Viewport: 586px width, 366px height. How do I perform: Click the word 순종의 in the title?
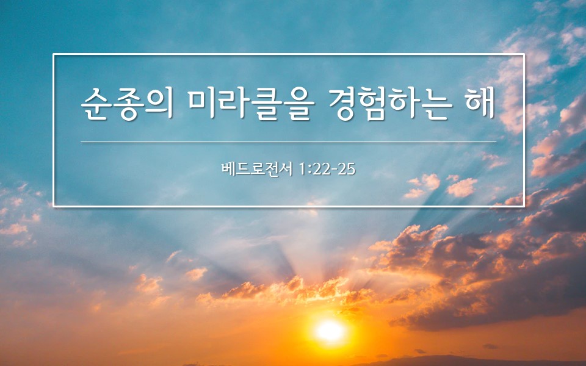[x=127, y=104]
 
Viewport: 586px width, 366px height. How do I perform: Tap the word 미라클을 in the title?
[x=249, y=104]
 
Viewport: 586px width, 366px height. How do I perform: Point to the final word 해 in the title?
[x=480, y=103]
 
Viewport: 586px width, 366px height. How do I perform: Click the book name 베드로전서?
[x=257, y=169]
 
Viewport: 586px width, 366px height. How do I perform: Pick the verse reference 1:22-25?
[x=327, y=169]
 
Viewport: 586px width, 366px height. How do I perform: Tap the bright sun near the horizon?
[x=330, y=331]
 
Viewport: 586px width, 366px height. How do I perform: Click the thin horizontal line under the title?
[x=289, y=142]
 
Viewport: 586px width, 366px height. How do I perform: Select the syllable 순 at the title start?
[x=96, y=104]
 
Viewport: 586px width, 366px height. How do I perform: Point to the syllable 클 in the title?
[x=264, y=104]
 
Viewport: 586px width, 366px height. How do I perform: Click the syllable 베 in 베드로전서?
[x=228, y=169]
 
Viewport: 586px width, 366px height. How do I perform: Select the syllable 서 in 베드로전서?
[x=286, y=169]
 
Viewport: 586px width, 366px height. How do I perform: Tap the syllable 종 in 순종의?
[x=127, y=104]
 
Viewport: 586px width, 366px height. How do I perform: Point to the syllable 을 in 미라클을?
[x=295, y=104]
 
